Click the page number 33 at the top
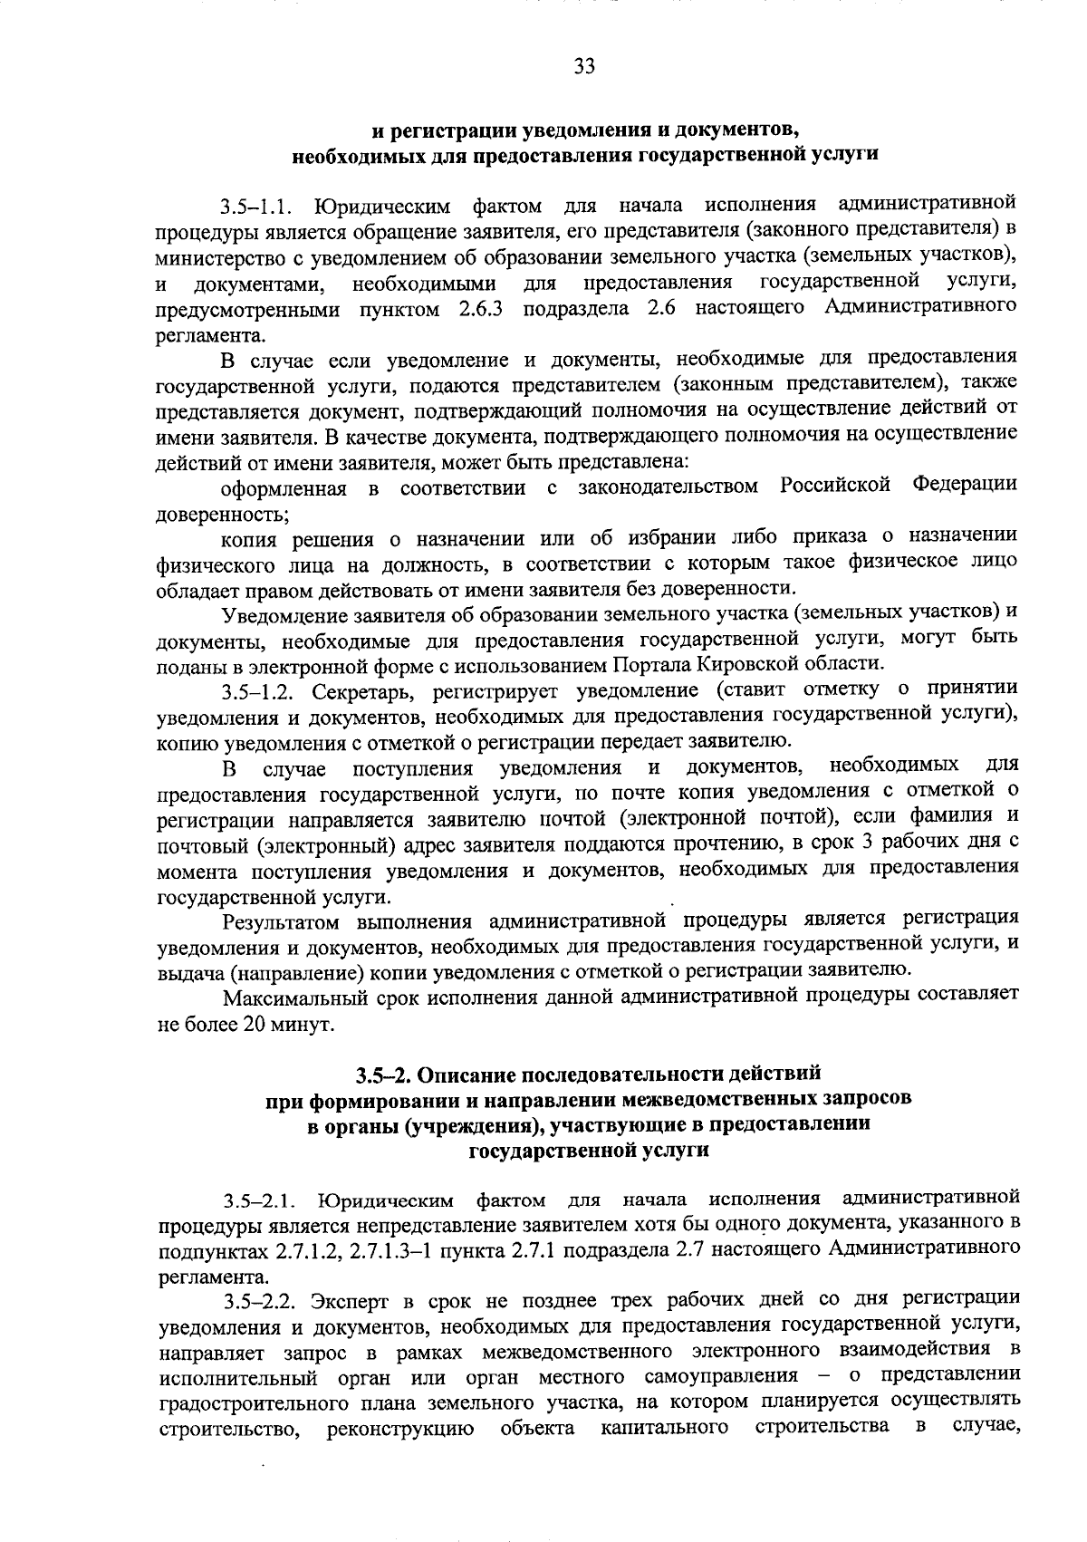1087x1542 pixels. [x=584, y=66]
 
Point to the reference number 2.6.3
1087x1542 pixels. [x=476, y=310]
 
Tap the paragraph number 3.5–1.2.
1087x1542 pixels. [x=260, y=694]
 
